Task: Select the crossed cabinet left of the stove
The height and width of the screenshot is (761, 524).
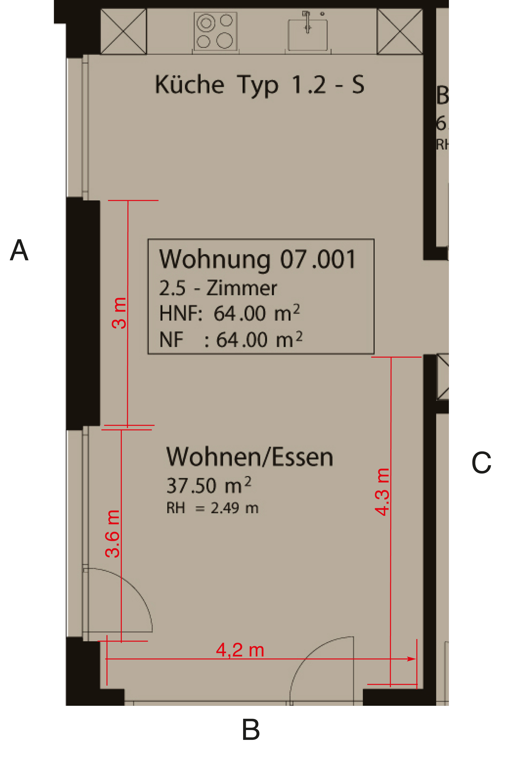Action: tap(123, 31)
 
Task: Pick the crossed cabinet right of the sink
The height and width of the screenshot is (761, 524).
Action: tap(400, 31)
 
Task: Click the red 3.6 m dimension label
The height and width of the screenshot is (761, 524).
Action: tap(113, 534)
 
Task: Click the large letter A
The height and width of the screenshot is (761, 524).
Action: tap(19, 250)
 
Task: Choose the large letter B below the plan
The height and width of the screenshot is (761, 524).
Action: tap(251, 730)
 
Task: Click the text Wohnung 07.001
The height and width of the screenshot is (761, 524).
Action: tap(257, 259)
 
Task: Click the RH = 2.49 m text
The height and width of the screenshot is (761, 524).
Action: tap(212, 508)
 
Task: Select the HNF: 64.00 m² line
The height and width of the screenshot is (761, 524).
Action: tap(229, 313)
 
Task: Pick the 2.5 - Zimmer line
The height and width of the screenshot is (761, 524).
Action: tap(218, 288)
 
